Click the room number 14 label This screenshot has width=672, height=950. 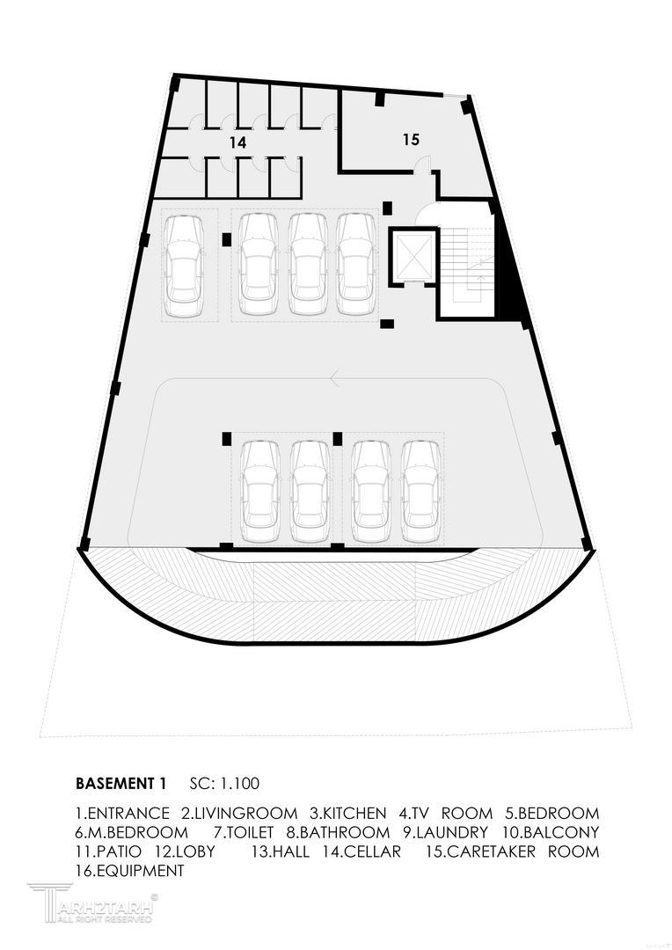pyautogui.click(x=237, y=141)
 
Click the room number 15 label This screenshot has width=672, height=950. pyautogui.click(x=411, y=139)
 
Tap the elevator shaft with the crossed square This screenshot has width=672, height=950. pyautogui.click(x=412, y=257)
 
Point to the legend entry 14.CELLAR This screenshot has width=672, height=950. pyautogui.click(x=362, y=851)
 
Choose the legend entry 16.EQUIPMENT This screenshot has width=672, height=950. pyautogui.click(x=130, y=871)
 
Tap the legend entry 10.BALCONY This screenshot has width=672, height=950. pyautogui.click(x=551, y=832)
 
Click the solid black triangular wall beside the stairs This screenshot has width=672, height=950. pyautogui.click(x=512, y=281)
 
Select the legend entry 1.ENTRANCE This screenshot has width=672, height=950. pyautogui.click(x=122, y=813)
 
